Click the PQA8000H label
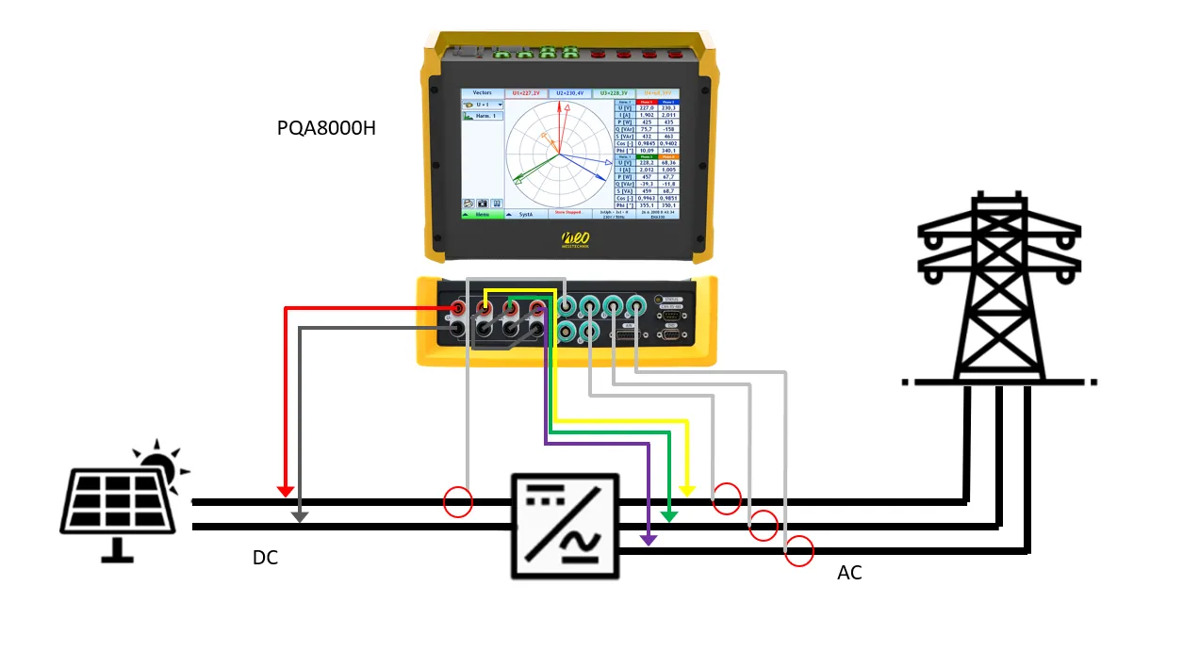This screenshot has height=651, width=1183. pyautogui.click(x=326, y=128)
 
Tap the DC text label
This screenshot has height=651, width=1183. pyautogui.click(x=265, y=558)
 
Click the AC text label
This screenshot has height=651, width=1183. pyautogui.click(x=849, y=573)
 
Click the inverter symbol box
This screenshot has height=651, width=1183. pyautogui.click(x=566, y=525)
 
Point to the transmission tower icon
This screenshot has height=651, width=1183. pyautogui.click(x=999, y=287)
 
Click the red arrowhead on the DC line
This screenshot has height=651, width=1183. pyautogui.click(x=286, y=491)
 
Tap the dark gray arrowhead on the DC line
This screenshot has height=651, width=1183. pyautogui.click(x=300, y=515)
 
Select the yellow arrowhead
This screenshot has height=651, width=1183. pyautogui.click(x=687, y=490)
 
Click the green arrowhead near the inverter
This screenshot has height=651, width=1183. pyautogui.click(x=669, y=515)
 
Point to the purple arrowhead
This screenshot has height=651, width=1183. pyautogui.click(x=649, y=539)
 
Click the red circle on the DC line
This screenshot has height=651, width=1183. pyautogui.click(x=458, y=502)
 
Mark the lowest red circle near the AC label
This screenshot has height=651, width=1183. pyautogui.click(x=799, y=550)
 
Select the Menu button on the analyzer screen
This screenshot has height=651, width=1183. pyautogui.click(x=482, y=214)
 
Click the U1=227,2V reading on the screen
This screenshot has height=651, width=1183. pyautogui.click(x=526, y=94)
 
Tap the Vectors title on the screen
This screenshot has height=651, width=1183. pyautogui.click(x=482, y=93)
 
